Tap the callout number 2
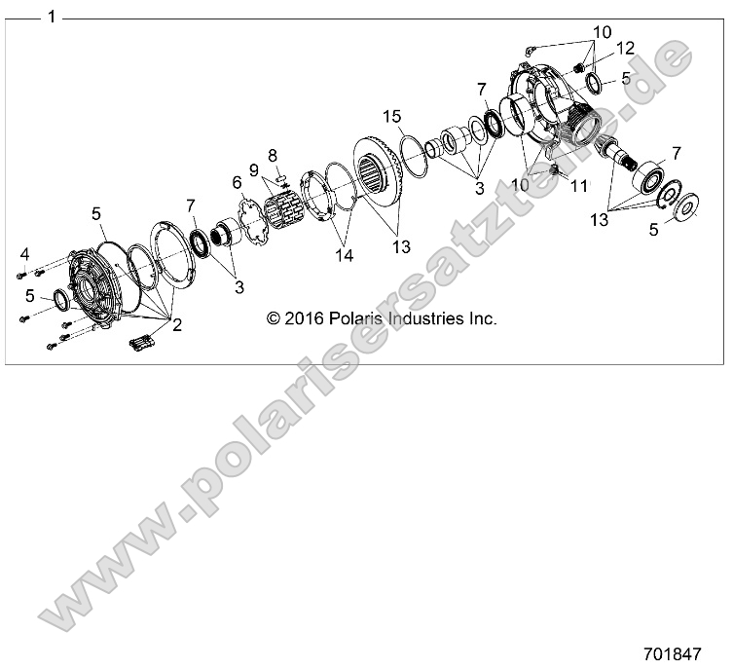tap(177, 325)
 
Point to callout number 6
tap(236, 182)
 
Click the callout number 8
tap(273, 155)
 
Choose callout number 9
tap(255, 168)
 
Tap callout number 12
tap(623, 47)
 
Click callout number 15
tap(392, 117)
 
